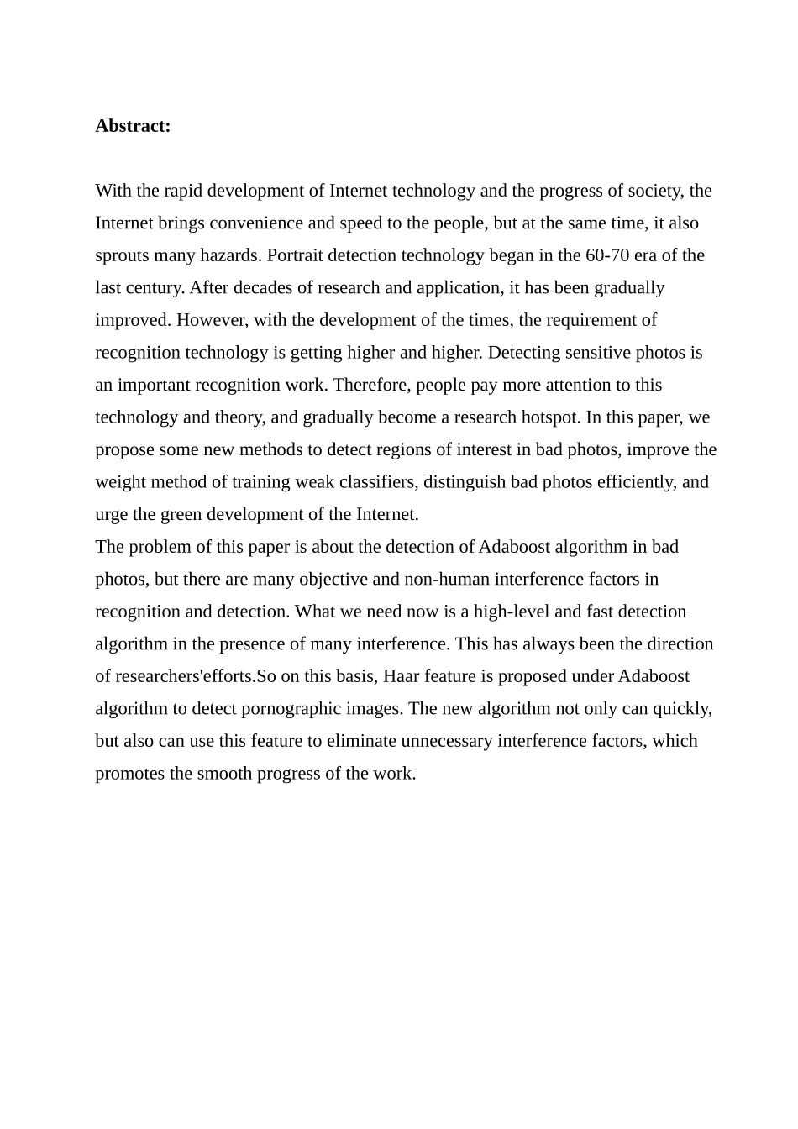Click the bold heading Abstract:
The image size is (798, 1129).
[133, 126]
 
